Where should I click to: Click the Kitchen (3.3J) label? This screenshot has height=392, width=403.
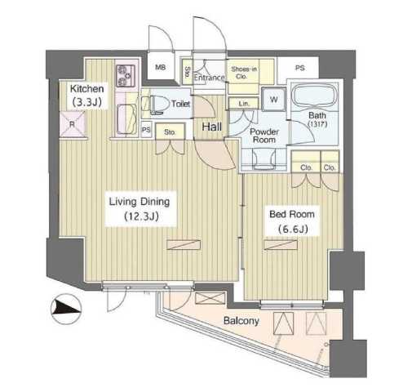pos(86,95)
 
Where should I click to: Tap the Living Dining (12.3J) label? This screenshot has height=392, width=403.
pos(139,209)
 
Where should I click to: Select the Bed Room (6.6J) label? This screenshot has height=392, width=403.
pos(292,221)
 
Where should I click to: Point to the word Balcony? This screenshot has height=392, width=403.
pos(241,321)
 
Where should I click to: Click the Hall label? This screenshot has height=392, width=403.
pos(212,127)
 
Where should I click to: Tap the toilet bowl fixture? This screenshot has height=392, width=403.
pos(157,105)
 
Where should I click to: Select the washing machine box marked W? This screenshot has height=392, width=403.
pos(274,99)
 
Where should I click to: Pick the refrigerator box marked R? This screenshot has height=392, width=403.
pos(73,124)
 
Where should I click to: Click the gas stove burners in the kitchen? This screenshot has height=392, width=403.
pos(126,75)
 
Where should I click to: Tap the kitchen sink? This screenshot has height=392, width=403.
pos(126,119)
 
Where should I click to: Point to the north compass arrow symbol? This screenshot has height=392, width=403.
pos(66,309)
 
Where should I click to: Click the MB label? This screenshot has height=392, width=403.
pos(160,67)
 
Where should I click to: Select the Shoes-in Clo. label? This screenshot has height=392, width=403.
pos(244,73)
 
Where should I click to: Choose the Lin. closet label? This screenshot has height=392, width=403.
pos(244,104)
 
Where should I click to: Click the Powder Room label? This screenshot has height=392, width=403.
pos(264,136)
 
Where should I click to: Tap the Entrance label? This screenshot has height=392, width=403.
pos(210,78)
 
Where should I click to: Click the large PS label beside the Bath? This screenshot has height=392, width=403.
pos(300,68)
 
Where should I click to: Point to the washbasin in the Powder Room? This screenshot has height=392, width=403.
pos(263,159)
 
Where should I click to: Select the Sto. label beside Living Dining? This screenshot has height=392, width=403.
pos(170,132)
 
